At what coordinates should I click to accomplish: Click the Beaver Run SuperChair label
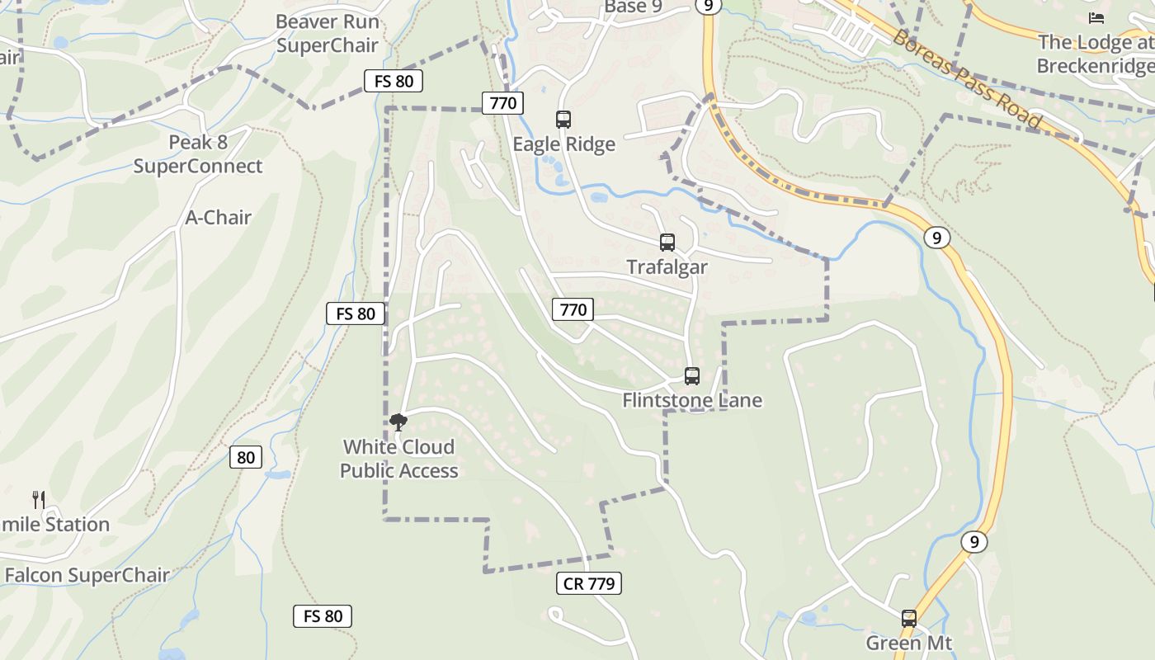[327, 34]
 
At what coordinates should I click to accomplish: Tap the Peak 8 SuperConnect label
[198, 154]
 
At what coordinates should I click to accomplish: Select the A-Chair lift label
[218, 218]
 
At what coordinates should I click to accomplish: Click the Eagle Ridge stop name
[563, 144]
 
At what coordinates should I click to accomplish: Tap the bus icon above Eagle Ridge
[563, 120]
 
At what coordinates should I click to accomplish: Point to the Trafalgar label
[667, 267]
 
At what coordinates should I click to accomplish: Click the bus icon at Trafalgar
[667, 243]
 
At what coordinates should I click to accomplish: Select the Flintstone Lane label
[692, 401]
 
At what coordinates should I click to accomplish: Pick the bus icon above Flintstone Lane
[692, 376]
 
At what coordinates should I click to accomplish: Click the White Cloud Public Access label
[398, 459]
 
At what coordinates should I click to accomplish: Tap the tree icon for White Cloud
[398, 423]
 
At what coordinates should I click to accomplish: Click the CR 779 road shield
[589, 584]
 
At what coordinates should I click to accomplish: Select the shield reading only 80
[245, 457]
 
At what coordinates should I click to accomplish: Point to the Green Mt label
[908, 643]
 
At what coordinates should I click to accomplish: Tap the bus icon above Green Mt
[908, 618]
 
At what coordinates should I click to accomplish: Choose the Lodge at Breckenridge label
[1096, 54]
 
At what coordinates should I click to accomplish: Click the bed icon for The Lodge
[1096, 17]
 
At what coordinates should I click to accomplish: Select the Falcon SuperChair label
[87, 575]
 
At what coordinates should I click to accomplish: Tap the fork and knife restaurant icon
[38, 499]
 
